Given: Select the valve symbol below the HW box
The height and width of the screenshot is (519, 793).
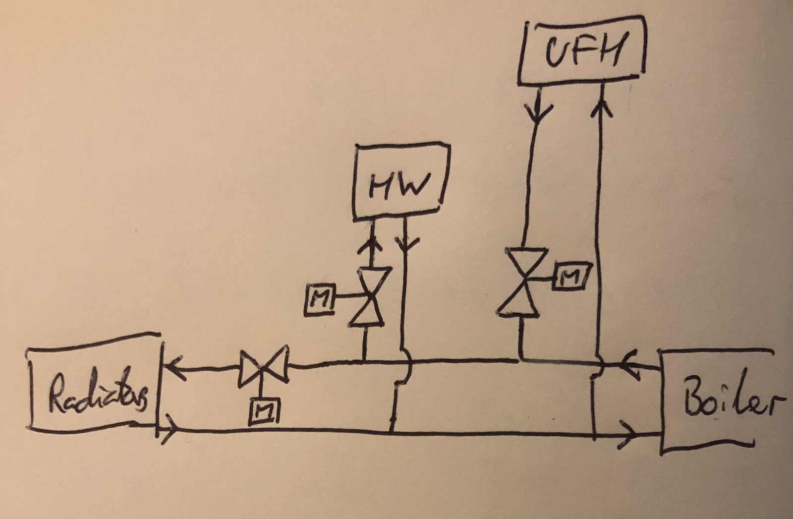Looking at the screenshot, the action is click(369, 296).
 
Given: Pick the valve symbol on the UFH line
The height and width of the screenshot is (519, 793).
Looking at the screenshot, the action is click(522, 282).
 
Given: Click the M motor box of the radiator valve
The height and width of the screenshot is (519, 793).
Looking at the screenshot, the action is click(264, 411).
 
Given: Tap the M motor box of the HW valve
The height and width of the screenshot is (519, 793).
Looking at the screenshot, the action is click(319, 299).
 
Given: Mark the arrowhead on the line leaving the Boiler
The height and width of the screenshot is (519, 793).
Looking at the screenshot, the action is click(628, 365).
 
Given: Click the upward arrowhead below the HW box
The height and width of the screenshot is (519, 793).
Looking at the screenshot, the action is click(370, 244).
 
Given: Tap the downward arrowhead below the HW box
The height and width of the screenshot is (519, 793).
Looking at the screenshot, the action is click(406, 244).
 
